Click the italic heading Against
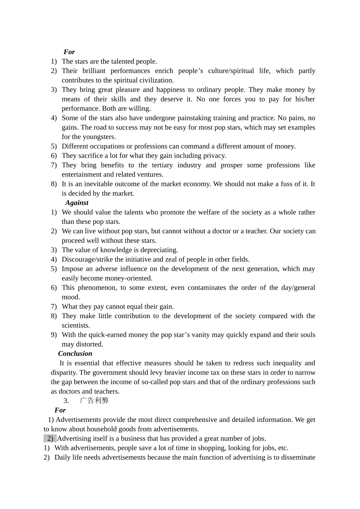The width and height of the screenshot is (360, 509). [77, 203]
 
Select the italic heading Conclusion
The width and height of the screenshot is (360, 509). [75, 354]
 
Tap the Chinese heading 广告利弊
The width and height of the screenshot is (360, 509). [94, 401]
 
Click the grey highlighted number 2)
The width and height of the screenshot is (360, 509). [50, 439]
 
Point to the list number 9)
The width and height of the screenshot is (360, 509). [54, 335]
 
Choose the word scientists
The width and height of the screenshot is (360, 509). [76, 325]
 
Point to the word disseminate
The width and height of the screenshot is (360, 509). [298, 457]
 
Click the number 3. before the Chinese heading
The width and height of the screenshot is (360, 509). [66, 401]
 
